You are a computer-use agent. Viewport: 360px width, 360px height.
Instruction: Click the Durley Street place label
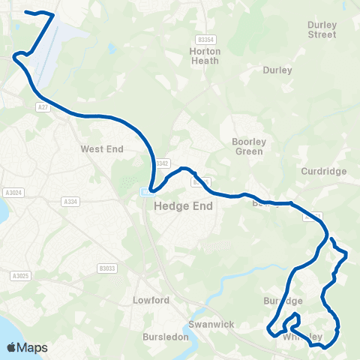coord(322,29)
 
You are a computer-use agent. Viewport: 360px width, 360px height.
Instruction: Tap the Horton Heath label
coord(205,56)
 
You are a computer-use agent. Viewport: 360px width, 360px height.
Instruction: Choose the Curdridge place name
coord(323,171)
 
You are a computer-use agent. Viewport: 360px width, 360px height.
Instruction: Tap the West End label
coord(101,149)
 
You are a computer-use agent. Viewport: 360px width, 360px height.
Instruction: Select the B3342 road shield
coord(162,163)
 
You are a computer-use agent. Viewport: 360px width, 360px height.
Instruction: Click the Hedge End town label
coord(183,205)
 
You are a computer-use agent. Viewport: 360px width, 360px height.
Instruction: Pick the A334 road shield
coord(70,201)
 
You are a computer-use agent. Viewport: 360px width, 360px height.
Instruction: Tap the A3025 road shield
coord(19,276)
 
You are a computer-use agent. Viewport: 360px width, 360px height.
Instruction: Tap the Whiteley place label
coord(303,337)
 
